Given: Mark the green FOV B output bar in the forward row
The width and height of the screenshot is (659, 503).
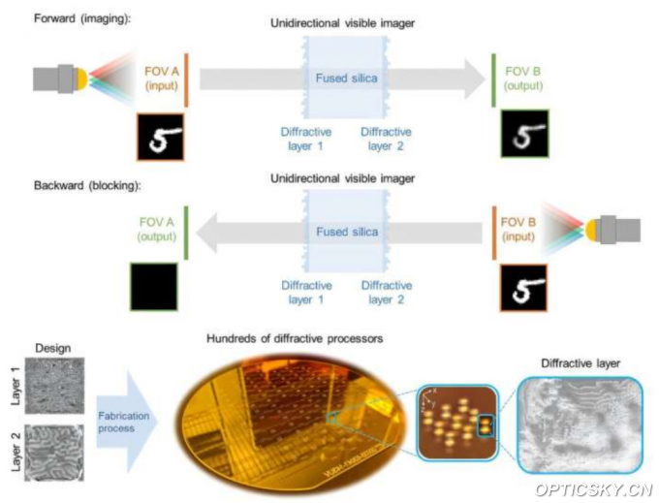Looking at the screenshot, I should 495,79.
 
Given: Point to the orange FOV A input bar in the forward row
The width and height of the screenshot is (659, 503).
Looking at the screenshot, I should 185,79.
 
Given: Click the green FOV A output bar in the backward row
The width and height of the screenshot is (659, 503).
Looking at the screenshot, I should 185,233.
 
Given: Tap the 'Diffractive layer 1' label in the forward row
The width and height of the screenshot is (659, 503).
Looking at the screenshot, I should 307,137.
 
